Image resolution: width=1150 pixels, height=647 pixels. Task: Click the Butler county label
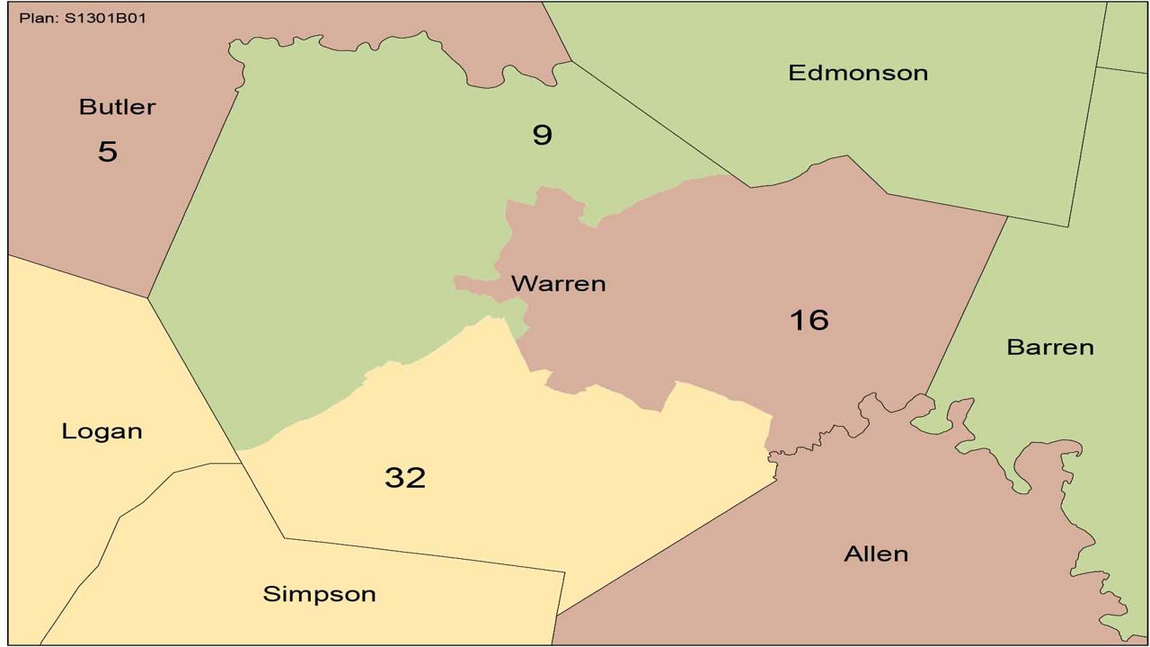click(117, 107)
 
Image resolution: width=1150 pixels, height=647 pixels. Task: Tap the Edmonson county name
click(858, 73)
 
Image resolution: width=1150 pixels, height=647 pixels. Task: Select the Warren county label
click(558, 284)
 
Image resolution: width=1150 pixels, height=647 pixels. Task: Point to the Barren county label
click(1049, 347)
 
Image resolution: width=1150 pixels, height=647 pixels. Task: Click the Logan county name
click(102, 431)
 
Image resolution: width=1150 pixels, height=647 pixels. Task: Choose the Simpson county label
click(319, 594)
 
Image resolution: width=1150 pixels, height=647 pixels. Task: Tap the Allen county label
click(876, 554)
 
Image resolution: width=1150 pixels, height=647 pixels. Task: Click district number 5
click(108, 151)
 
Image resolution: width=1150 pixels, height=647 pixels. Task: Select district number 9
click(542, 135)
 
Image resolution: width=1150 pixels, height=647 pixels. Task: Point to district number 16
click(809, 320)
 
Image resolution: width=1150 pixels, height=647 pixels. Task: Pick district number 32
click(404, 477)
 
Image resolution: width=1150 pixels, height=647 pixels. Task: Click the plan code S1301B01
click(105, 18)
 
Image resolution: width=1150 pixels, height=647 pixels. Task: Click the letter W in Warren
click(522, 284)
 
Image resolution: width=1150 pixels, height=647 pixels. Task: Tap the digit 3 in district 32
click(394, 477)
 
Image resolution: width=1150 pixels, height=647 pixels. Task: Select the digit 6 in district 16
click(818, 320)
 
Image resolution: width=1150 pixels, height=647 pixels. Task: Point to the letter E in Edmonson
click(795, 73)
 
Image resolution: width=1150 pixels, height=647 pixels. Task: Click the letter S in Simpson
click(270, 594)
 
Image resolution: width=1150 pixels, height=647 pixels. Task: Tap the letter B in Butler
click(86, 107)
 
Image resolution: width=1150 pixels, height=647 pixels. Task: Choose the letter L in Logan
click(68, 431)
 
